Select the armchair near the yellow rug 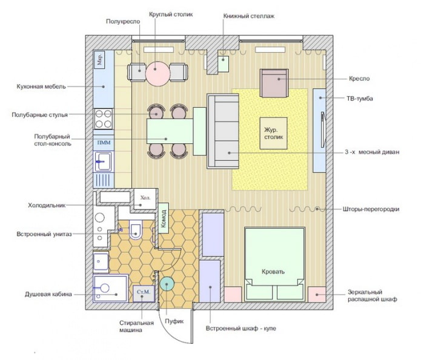click(x=273, y=83)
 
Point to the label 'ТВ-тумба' click(x=367, y=98)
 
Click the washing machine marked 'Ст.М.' click(x=144, y=293)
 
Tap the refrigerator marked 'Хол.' click(x=145, y=197)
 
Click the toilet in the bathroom click(x=135, y=229)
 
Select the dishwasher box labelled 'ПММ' click(x=103, y=142)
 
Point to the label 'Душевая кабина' click(x=48, y=294)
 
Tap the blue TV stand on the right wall click(x=319, y=131)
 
